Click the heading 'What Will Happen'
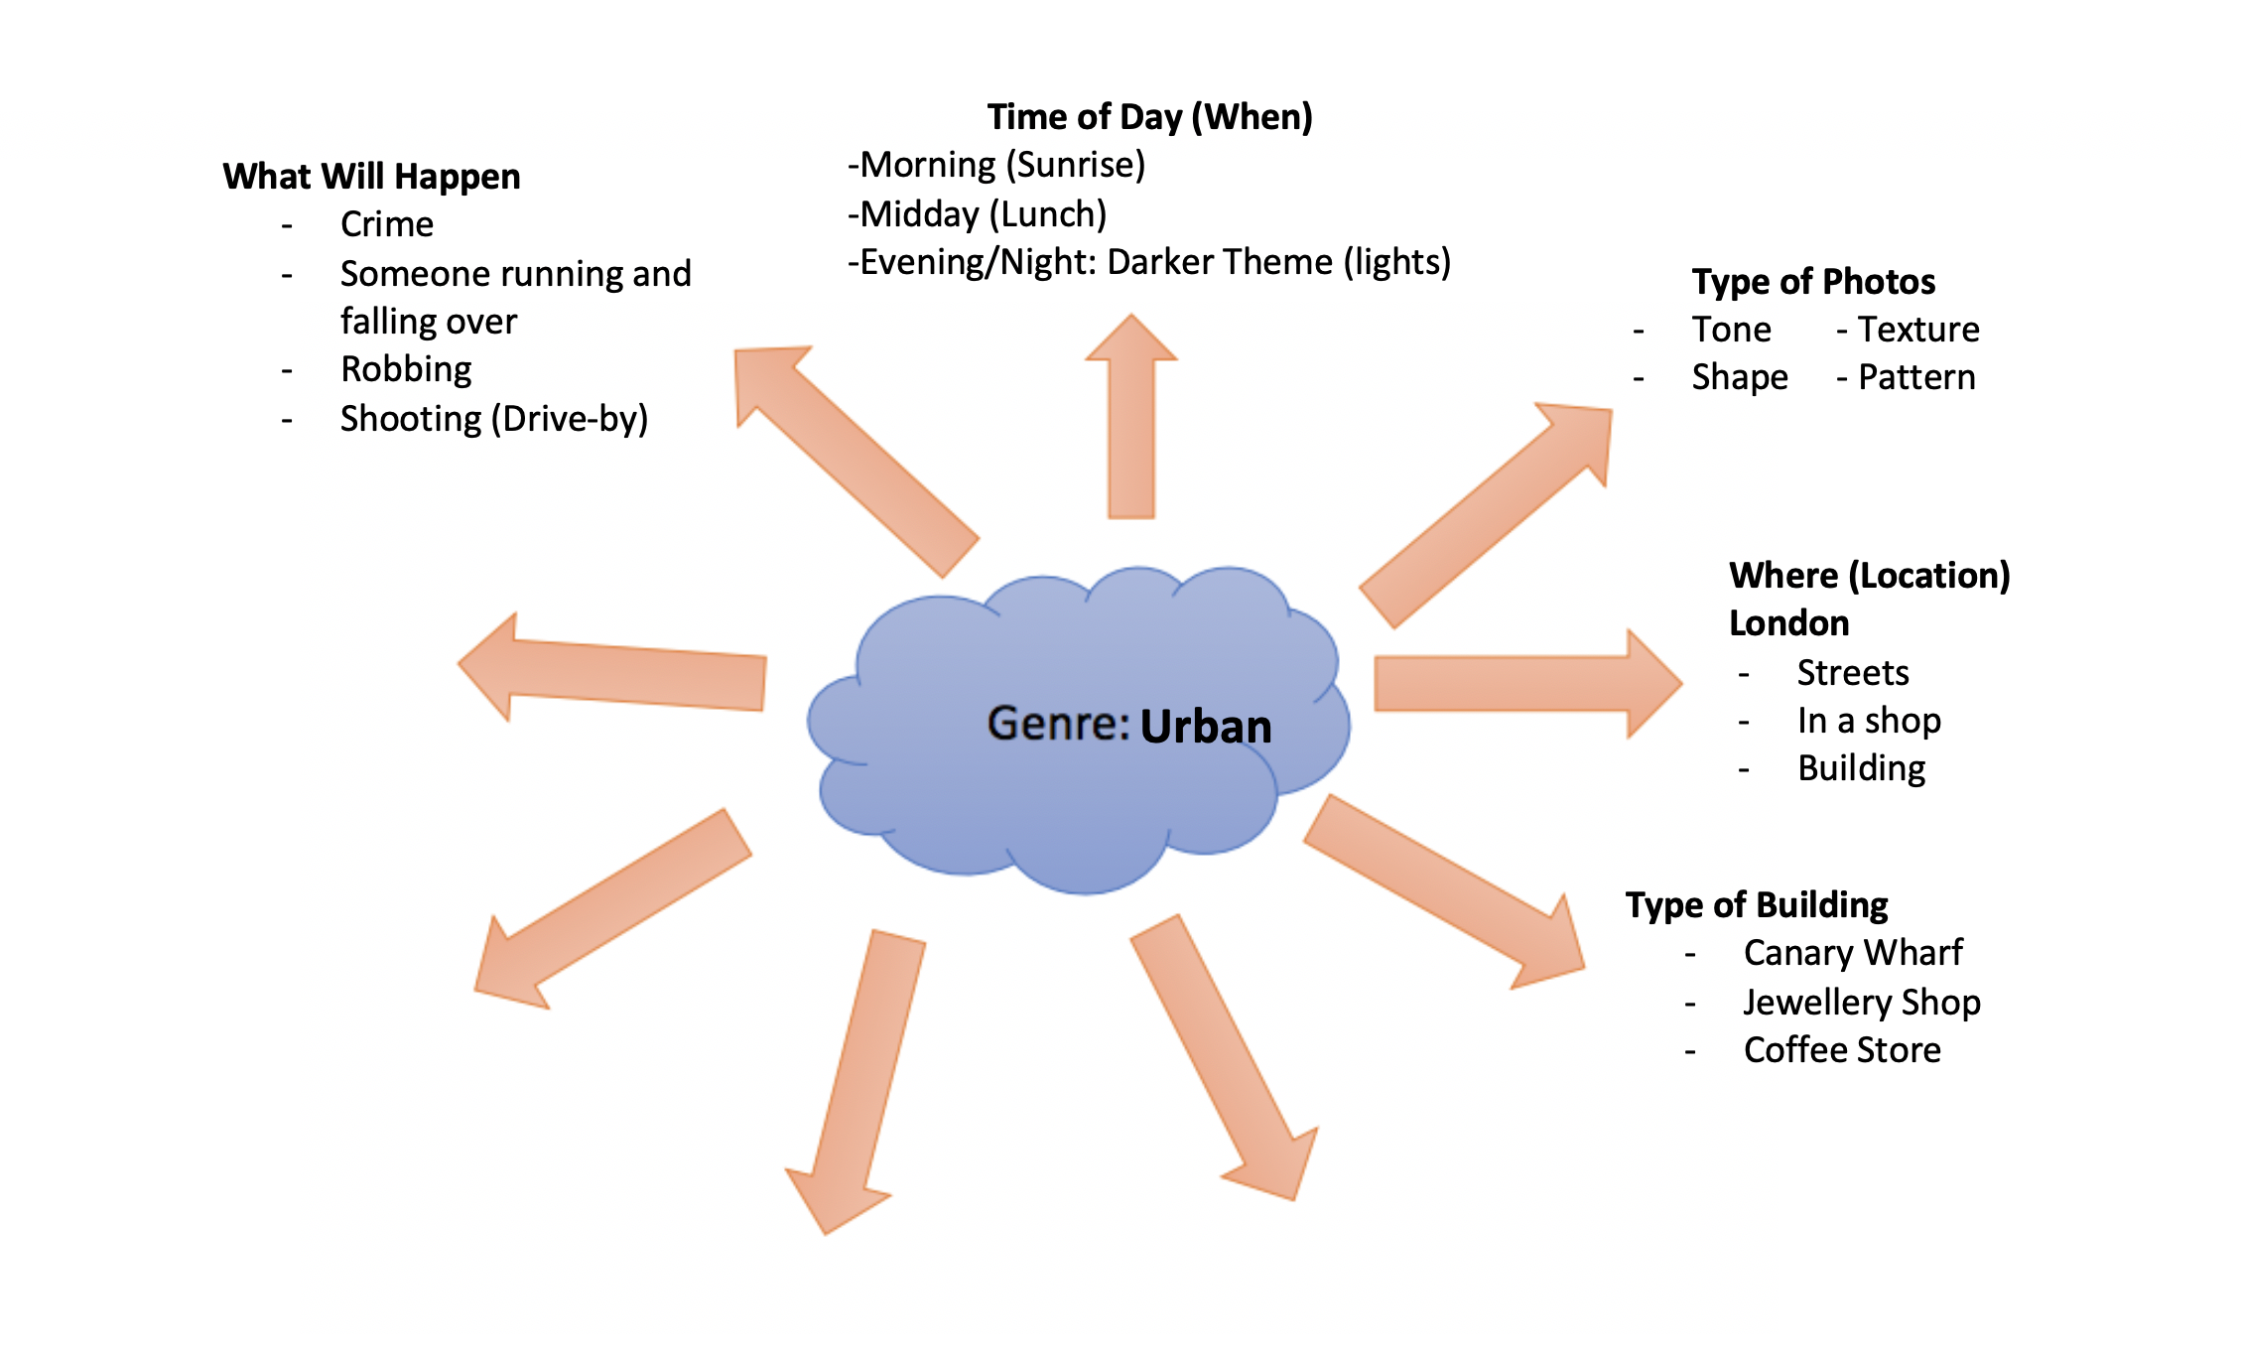click(x=371, y=177)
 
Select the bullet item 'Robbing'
click(x=406, y=369)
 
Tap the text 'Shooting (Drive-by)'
click(x=493, y=419)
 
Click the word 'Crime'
click(x=386, y=224)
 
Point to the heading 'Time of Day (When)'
click(x=1149, y=117)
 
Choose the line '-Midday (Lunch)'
click(x=977, y=214)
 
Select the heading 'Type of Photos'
click(x=1813, y=282)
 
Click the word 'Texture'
click(x=1917, y=330)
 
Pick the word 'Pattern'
click(x=1915, y=377)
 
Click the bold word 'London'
click(x=1788, y=623)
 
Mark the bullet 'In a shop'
click(x=1868, y=721)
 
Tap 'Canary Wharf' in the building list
click(x=1852, y=953)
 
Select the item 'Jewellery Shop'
click(x=1861, y=1003)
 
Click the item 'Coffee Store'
click(x=1841, y=1050)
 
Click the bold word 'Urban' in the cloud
click(x=1205, y=727)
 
